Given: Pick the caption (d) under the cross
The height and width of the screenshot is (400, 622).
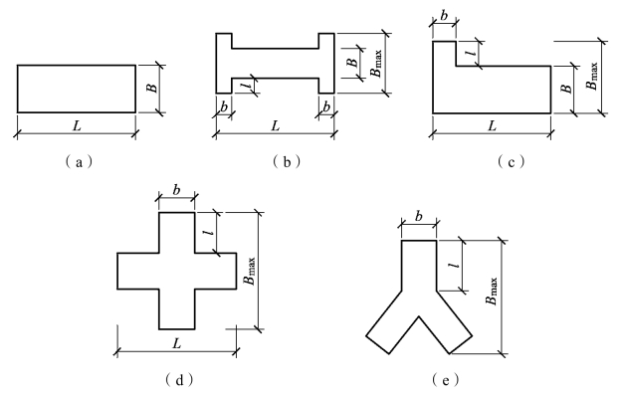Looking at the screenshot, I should click(x=177, y=379).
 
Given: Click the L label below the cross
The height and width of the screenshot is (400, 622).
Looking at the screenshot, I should click(x=177, y=341).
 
